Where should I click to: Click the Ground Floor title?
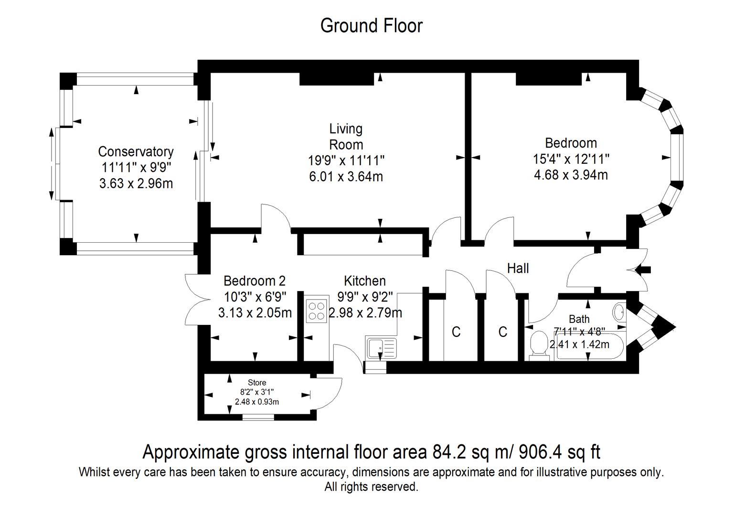[371, 26]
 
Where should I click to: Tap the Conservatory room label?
[136, 151]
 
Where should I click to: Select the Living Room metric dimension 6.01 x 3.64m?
[346, 177]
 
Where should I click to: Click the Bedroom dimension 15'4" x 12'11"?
[571, 159]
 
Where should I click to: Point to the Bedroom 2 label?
[254, 281]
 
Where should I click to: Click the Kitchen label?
[364, 281]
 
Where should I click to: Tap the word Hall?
[518, 269]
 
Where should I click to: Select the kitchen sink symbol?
[381, 347]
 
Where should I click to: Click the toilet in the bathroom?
[539, 344]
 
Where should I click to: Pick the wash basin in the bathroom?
[619, 312]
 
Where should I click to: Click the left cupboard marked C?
[456, 332]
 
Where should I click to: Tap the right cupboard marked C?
[502, 332]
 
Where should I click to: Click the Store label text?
[257, 383]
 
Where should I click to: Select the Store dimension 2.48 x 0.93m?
[257, 402]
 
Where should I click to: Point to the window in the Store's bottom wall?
[258, 417]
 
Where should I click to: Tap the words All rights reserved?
[371, 487]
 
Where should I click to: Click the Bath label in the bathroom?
[579, 319]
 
